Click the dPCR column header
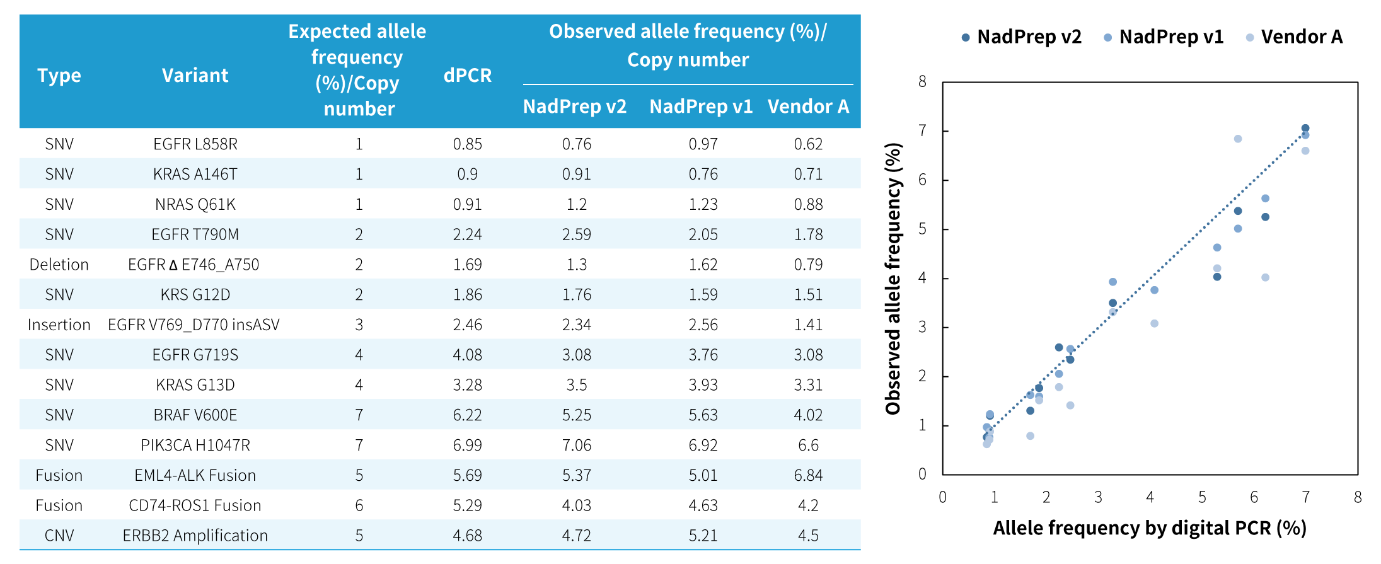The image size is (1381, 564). pyautogui.click(x=467, y=76)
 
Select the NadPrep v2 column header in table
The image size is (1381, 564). pyautogui.click(x=574, y=106)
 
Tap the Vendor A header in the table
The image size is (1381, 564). pyautogui.click(x=808, y=106)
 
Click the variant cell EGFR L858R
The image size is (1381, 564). pyautogui.click(x=195, y=144)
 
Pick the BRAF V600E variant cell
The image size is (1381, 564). pyautogui.click(x=195, y=415)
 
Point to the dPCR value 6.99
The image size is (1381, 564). pyautogui.click(x=467, y=446)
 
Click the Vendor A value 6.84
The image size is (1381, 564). pyautogui.click(x=808, y=476)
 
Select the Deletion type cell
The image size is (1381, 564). pyautogui.click(x=59, y=265)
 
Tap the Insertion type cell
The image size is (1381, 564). pyautogui.click(x=59, y=325)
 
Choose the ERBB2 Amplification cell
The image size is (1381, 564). pyautogui.click(x=195, y=536)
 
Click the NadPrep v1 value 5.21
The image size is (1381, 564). pyautogui.click(x=703, y=536)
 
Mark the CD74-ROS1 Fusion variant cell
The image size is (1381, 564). pyautogui.click(x=195, y=505)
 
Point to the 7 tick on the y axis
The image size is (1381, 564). pyautogui.click(x=922, y=131)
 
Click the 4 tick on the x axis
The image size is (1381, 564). pyautogui.click(x=1150, y=497)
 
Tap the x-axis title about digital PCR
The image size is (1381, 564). pyautogui.click(x=1150, y=528)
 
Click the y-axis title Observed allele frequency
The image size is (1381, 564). pyautogui.click(x=893, y=279)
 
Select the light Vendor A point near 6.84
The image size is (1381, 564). pyautogui.click(x=1238, y=139)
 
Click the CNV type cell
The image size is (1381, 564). pyautogui.click(x=59, y=536)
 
